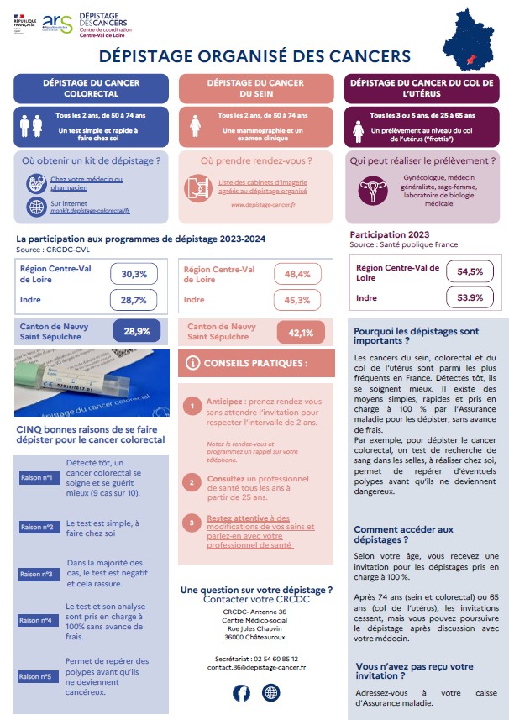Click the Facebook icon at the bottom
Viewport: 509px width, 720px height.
(241, 692)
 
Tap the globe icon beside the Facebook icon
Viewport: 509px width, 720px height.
(270, 692)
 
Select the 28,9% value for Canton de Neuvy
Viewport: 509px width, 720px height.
(136, 331)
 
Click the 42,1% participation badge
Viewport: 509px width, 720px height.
(300, 333)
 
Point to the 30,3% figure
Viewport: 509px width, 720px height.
(134, 274)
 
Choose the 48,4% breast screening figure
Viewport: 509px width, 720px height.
(298, 274)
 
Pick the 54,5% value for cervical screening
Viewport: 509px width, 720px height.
(470, 272)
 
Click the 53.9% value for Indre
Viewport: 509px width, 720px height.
(470, 297)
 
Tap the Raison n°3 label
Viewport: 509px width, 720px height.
(36, 574)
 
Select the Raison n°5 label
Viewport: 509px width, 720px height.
(36, 675)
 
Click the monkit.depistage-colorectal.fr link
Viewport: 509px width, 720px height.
(90, 213)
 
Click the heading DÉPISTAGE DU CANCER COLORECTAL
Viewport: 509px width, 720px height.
(91, 88)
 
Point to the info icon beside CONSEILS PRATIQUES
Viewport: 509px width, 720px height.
(192, 363)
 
